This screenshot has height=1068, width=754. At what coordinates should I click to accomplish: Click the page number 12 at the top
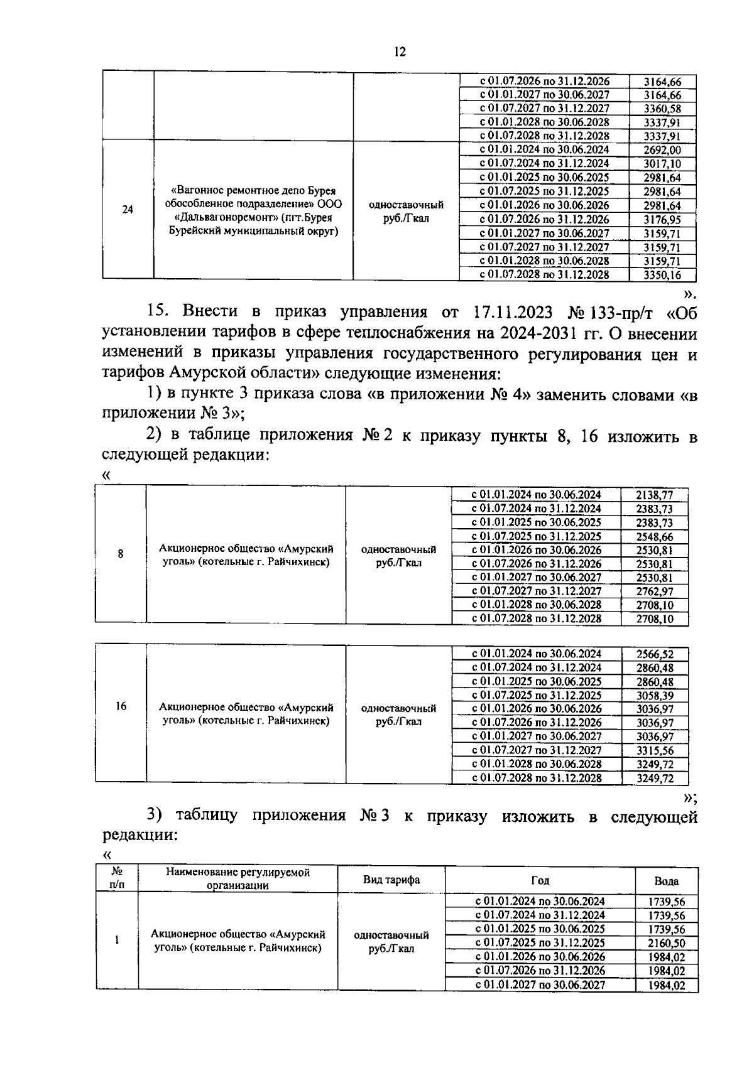coord(400,52)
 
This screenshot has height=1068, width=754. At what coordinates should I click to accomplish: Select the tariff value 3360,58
coord(662,109)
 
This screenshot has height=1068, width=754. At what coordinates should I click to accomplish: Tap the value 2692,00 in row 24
coord(662,150)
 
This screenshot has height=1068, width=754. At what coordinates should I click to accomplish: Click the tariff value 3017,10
coord(662,164)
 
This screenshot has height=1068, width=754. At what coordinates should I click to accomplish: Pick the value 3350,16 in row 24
coord(662,274)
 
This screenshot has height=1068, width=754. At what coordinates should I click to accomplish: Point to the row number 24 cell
coord(128,210)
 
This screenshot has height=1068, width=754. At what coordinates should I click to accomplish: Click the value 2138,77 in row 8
coord(654,495)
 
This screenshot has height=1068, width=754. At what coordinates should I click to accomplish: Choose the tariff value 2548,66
coord(654,536)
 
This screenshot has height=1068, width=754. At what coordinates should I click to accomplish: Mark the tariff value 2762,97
coord(654,591)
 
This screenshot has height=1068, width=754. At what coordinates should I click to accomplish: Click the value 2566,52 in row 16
coord(654,654)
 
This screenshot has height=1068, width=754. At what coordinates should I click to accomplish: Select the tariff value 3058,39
coord(654,695)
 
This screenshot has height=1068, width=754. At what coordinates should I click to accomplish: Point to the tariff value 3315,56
coord(654,750)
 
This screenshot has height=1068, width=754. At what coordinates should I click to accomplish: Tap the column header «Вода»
coord(666,881)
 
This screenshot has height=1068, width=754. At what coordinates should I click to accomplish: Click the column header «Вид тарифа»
coord(391,880)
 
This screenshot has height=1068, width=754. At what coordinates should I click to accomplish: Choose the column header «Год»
coord(540,880)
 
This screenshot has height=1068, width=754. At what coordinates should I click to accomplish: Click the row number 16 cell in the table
coord(121,706)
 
